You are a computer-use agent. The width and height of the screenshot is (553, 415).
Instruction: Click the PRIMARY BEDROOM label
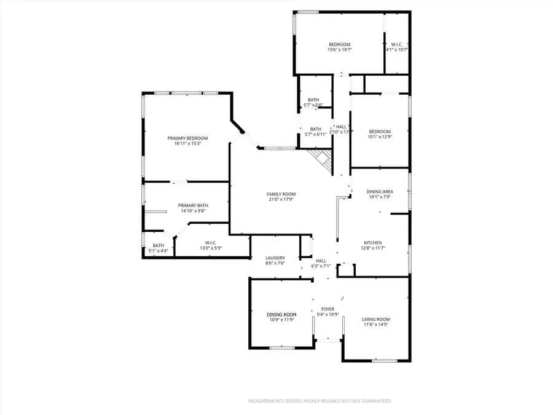187,138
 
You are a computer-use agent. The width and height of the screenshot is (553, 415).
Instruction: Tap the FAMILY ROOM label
281,194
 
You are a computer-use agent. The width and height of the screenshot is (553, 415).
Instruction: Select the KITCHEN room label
373,243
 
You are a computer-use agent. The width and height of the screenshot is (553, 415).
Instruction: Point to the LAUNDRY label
274,258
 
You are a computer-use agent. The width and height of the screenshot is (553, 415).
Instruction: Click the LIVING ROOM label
376,319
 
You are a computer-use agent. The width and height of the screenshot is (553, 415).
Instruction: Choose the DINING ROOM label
281,315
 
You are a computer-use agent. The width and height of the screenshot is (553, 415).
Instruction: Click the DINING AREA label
380,192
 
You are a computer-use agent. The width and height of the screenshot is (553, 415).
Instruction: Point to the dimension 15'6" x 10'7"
339,50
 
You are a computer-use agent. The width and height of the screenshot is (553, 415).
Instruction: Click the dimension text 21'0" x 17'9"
281,199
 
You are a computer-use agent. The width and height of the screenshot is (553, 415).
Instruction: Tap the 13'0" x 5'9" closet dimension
210,248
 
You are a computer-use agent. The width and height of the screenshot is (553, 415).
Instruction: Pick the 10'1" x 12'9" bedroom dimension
380,136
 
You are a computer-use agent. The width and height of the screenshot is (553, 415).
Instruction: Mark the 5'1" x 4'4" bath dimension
159,251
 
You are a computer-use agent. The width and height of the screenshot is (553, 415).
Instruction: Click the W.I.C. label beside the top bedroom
396,44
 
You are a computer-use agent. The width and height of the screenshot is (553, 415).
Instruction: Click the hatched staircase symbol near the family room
323,161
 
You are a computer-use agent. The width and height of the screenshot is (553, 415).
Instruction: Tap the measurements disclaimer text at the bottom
320,401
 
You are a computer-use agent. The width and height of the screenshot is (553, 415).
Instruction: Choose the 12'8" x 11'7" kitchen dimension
373,248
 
